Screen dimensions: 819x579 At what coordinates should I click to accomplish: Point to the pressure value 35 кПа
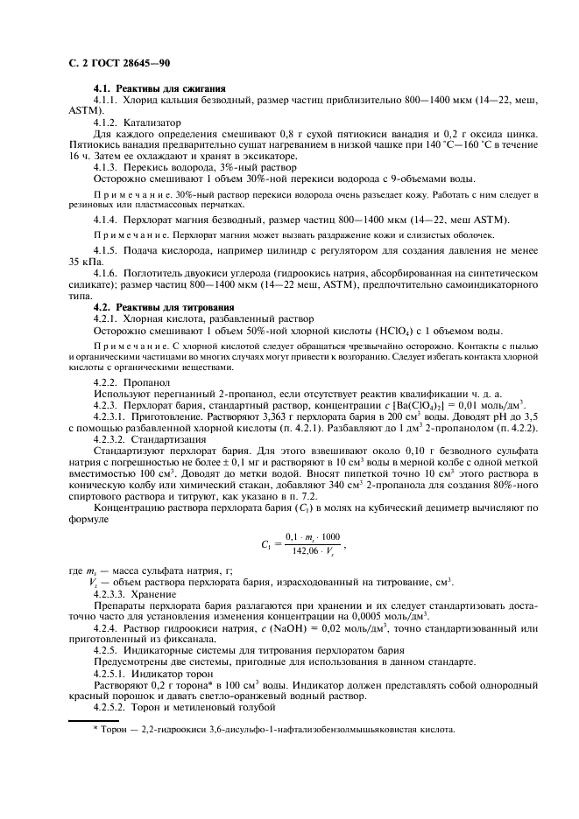86,262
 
